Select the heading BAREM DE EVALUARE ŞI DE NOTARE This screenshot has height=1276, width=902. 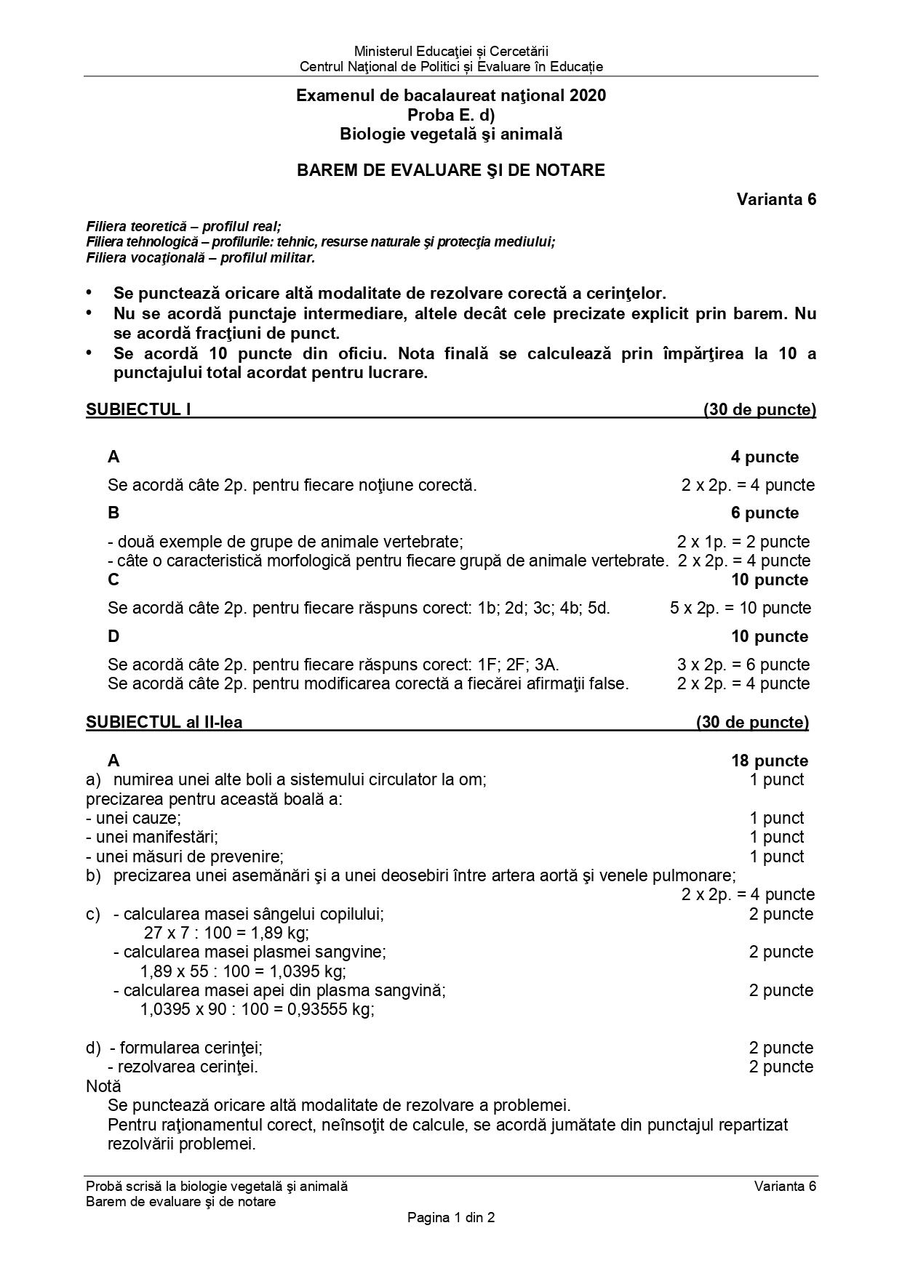[450, 170]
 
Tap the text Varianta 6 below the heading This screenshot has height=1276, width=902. [776, 199]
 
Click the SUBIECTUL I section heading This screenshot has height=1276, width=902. [138, 409]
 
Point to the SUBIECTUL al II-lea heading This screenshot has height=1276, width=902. [164, 722]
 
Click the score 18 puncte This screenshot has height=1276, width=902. [769, 761]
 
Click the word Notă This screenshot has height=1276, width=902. [103, 1086]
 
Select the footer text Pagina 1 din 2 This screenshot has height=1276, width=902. [451, 1217]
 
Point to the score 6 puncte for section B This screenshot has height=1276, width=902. [765, 513]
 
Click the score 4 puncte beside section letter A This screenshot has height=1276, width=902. [765, 457]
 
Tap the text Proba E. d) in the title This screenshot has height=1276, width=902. [450, 115]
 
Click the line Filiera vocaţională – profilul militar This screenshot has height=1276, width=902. [201, 257]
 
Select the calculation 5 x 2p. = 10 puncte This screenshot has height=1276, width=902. [740, 608]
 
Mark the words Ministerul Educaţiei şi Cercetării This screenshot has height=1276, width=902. [451, 51]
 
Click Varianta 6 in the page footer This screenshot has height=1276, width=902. [785, 1186]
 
